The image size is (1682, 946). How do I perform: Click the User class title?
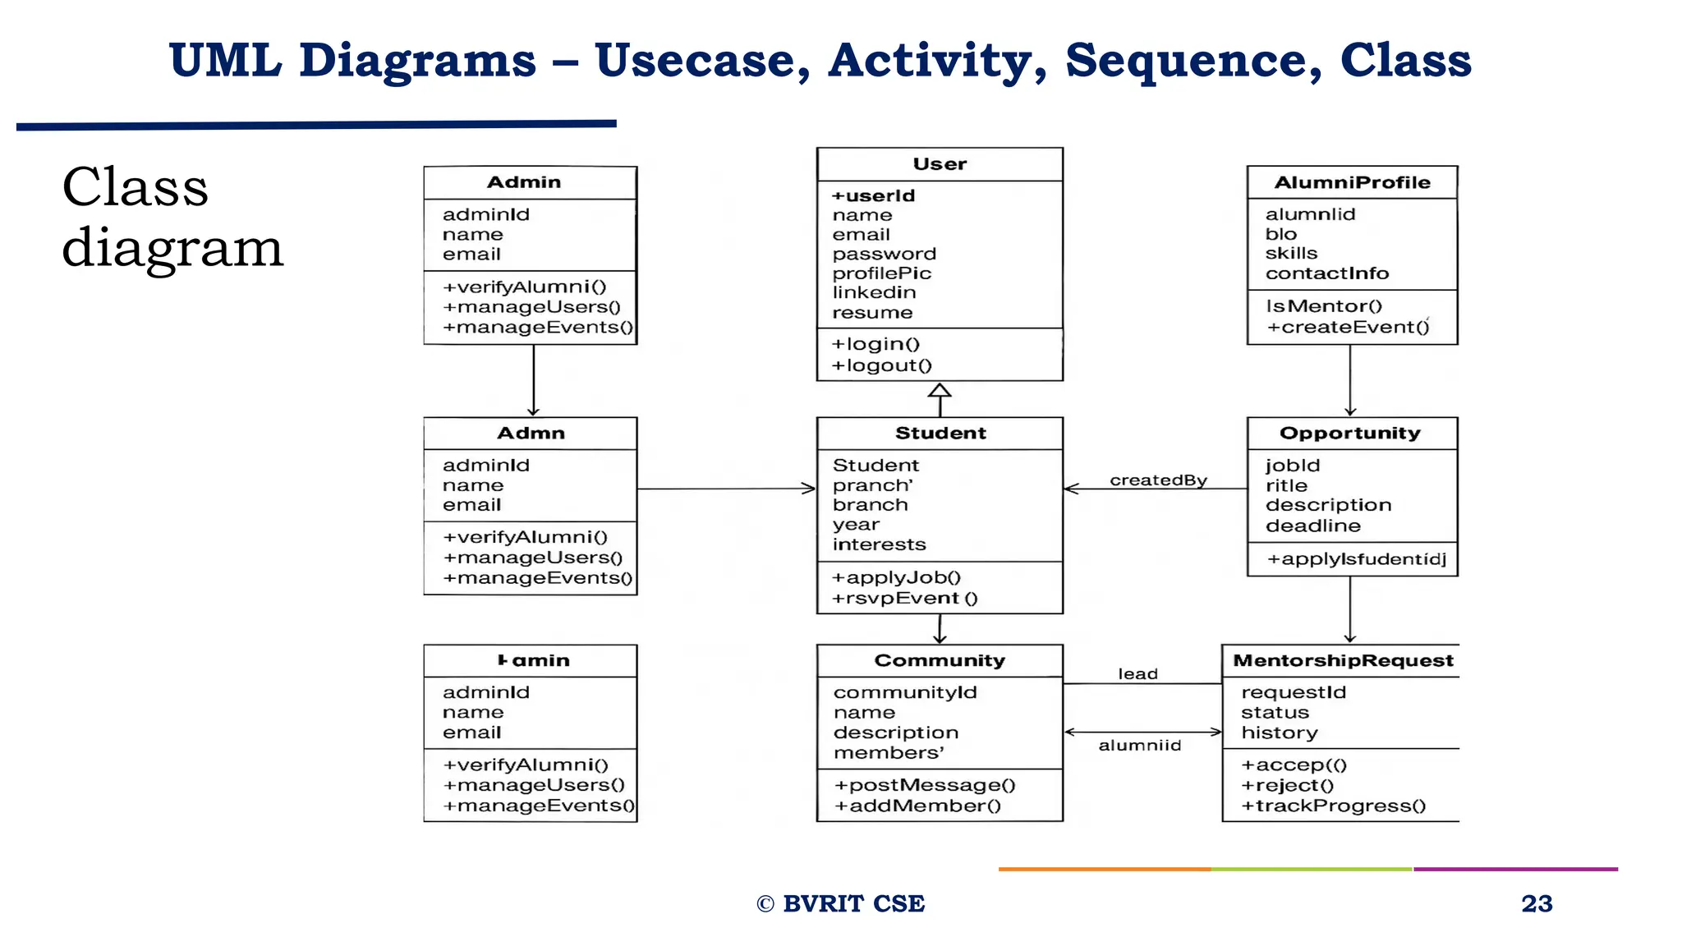(940, 164)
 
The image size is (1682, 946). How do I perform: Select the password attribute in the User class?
(884, 254)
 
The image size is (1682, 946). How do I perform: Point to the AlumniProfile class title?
(1352, 182)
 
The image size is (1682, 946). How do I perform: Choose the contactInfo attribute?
(1326, 273)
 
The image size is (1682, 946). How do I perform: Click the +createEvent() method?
(1347, 327)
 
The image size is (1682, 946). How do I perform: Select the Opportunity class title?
(1350, 433)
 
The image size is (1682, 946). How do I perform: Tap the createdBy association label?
(1158, 480)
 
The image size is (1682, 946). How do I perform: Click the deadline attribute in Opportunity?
(1312, 526)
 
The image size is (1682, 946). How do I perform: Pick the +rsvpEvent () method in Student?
(904, 598)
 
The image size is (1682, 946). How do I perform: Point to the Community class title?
(940, 660)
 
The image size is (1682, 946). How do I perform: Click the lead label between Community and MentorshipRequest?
(1137, 674)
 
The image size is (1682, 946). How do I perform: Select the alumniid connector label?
(1139, 746)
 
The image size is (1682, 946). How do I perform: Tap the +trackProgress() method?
(1333, 806)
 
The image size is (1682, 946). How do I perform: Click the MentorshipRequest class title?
(1343, 660)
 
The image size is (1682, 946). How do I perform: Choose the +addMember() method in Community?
(917, 806)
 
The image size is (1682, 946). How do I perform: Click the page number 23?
(1536, 903)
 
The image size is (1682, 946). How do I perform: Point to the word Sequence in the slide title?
(1193, 61)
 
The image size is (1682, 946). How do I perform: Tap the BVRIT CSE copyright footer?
(841, 903)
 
